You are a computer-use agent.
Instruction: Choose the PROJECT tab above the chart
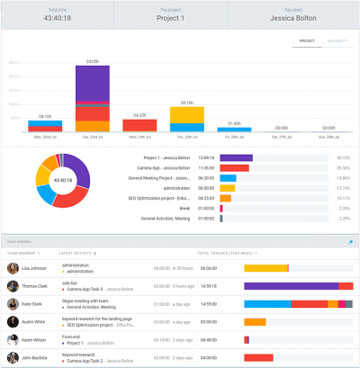(x=306, y=41)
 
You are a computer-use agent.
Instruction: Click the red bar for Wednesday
(x=139, y=126)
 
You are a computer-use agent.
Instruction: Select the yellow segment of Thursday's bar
(x=187, y=114)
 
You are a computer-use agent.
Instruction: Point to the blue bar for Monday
(x=44, y=127)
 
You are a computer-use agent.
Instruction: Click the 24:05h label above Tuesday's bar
(x=92, y=61)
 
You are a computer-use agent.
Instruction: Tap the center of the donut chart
(x=62, y=180)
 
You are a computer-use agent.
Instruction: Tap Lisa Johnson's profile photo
(x=13, y=268)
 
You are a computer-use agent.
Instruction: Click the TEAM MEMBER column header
(x=22, y=254)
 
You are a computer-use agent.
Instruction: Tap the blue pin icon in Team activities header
(x=350, y=242)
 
